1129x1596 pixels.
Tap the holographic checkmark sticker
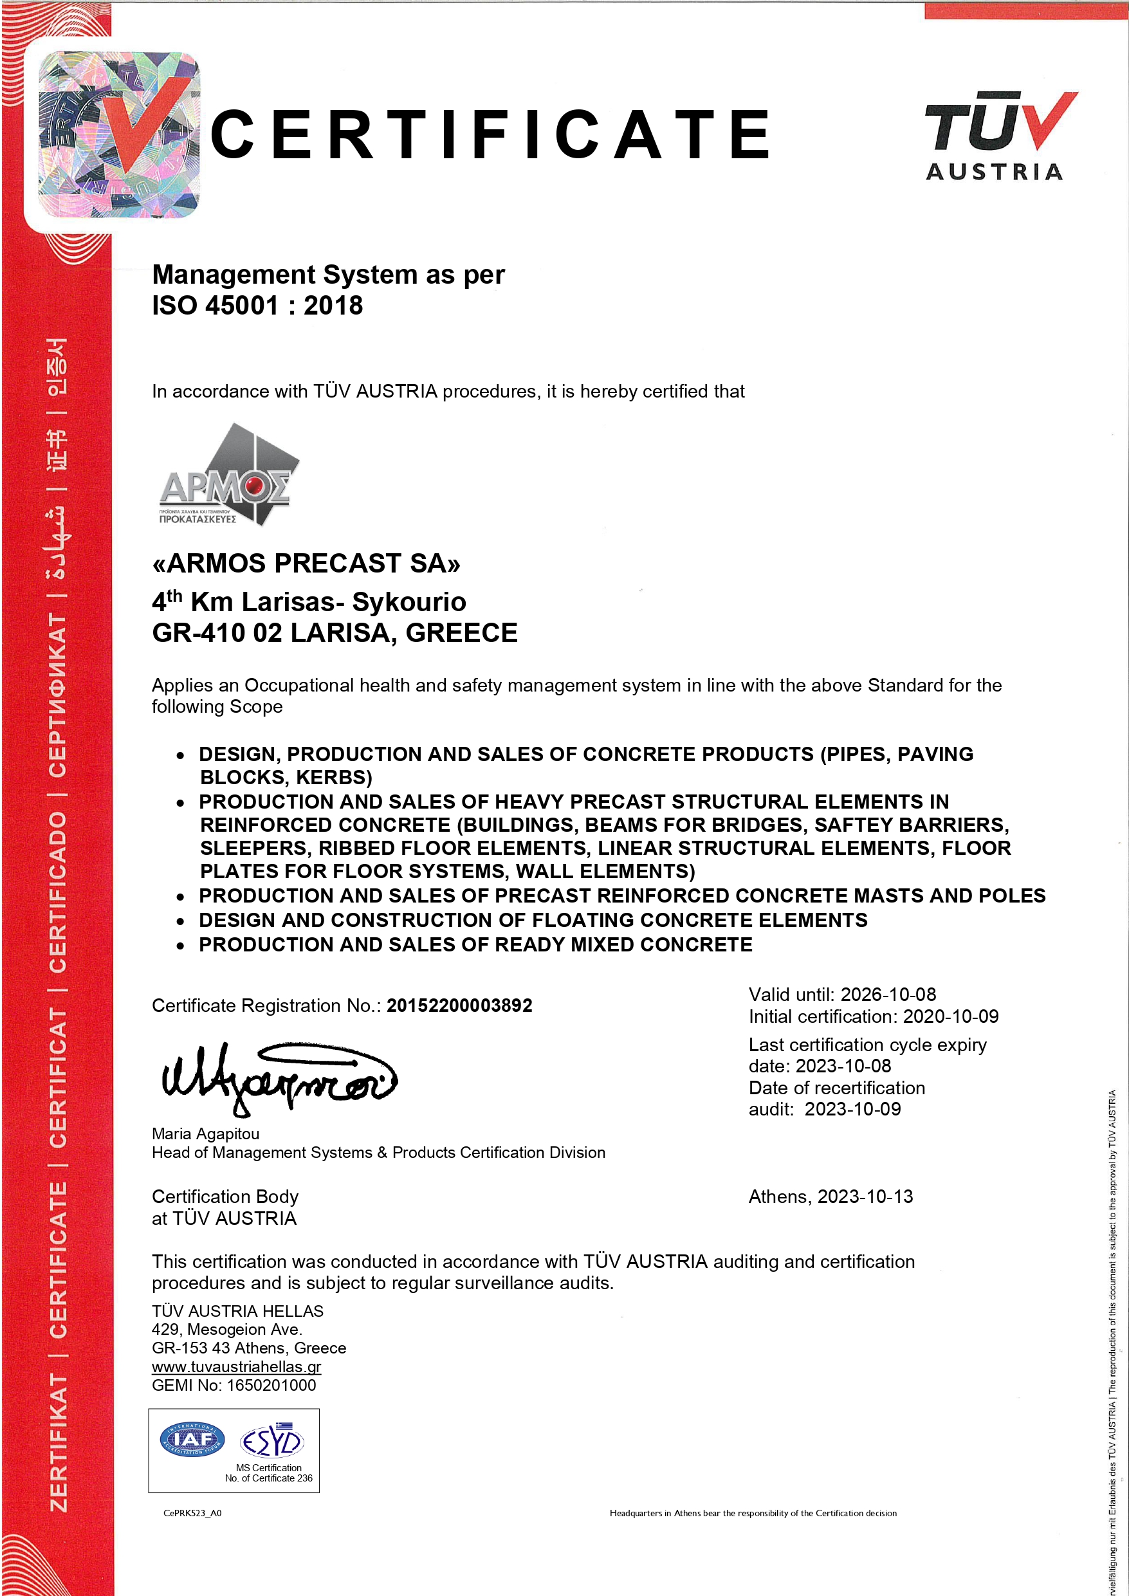(x=119, y=134)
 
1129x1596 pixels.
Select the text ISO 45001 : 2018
(x=257, y=306)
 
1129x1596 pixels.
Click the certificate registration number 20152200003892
(x=459, y=1006)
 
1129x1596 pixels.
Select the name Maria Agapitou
(x=206, y=1133)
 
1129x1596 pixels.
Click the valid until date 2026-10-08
(x=888, y=995)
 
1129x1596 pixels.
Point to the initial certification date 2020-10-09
(x=950, y=1017)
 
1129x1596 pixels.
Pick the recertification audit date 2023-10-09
(x=852, y=1109)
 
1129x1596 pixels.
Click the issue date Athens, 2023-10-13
(x=831, y=1197)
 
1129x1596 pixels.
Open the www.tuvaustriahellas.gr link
(x=236, y=1366)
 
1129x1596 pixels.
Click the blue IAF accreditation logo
(x=192, y=1440)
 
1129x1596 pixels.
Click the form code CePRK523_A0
(x=192, y=1513)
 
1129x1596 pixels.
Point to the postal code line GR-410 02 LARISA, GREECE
(x=335, y=633)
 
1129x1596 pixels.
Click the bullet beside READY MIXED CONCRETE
(x=181, y=946)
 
